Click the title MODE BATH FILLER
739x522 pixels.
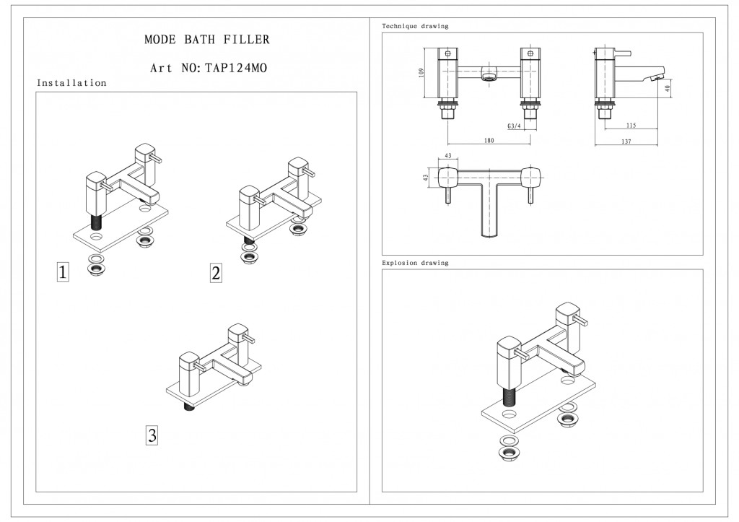(206, 40)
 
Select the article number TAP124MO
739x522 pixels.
(236, 69)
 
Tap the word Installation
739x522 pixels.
(71, 83)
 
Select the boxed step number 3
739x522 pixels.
(152, 435)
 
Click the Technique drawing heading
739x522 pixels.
(415, 26)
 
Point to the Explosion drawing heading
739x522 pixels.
(415, 263)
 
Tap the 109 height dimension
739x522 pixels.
(422, 73)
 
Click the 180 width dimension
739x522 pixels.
(489, 141)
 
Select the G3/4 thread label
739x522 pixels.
(514, 126)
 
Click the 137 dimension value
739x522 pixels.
(625, 142)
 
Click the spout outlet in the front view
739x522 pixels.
(489, 77)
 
